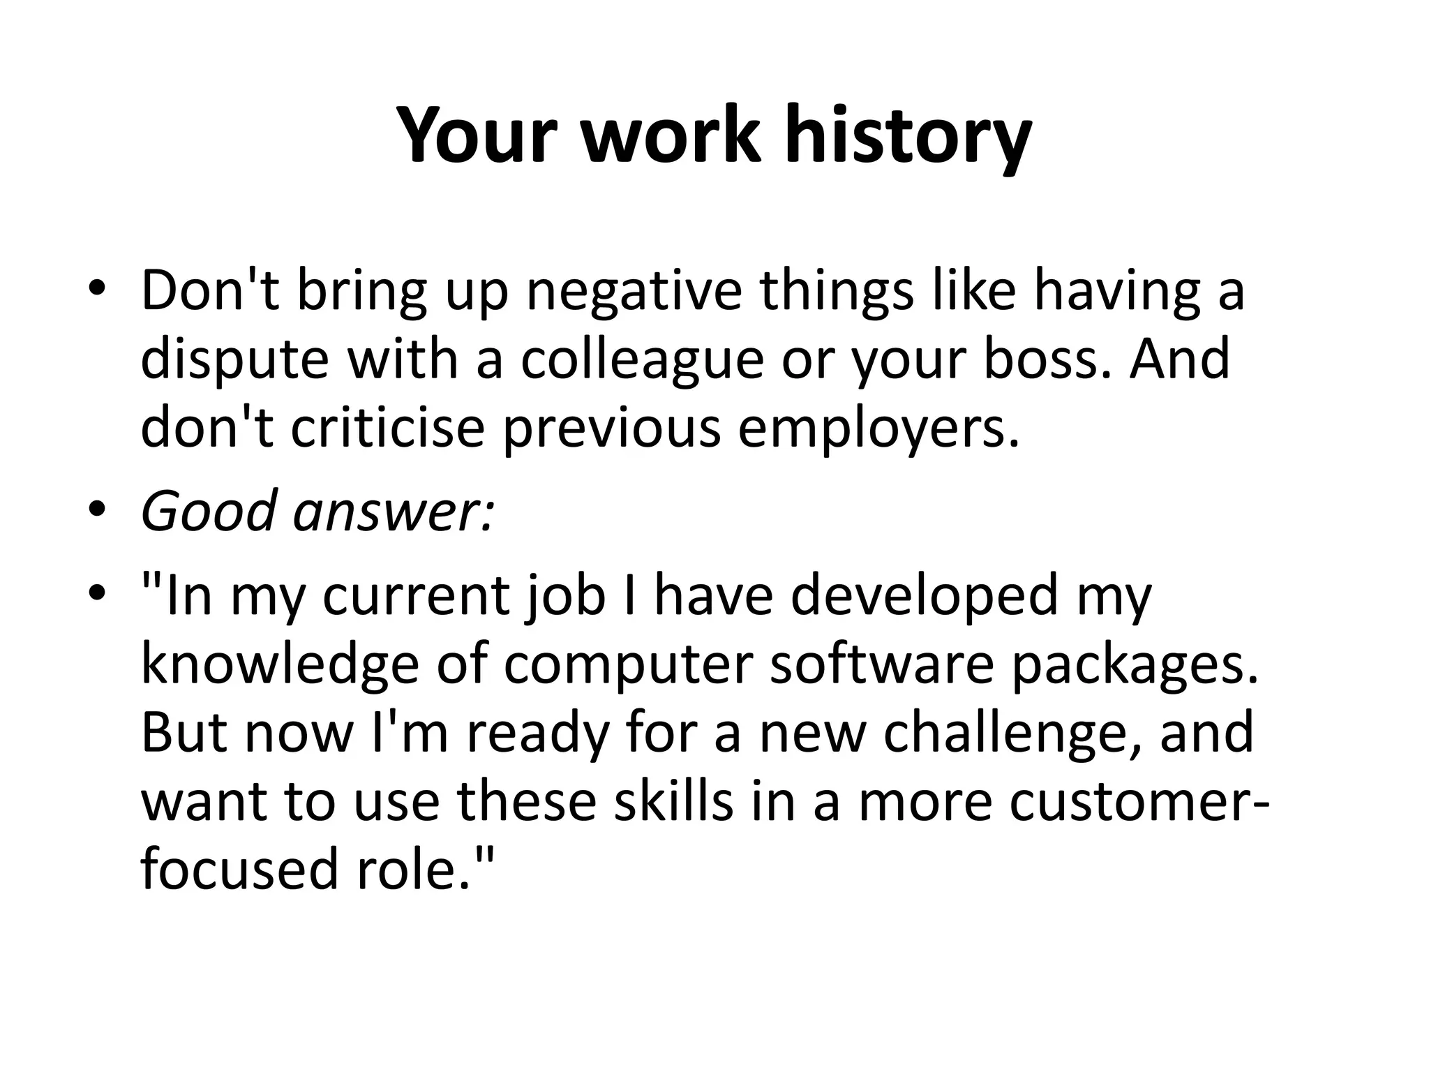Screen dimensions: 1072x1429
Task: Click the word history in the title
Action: [907, 135]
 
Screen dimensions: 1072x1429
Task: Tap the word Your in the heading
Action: [478, 135]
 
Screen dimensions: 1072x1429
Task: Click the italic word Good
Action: [209, 511]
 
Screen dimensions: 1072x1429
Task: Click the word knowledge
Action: [279, 664]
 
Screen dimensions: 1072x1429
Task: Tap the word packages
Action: [1135, 664]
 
